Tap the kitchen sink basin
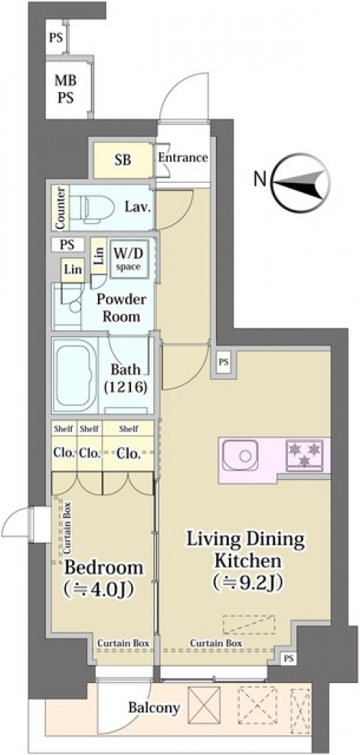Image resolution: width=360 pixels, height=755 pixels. pyautogui.click(x=240, y=455)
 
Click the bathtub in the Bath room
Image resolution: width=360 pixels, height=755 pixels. pyautogui.click(x=74, y=375)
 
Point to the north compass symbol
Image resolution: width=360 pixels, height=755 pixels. pyautogui.click(x=300, y=183)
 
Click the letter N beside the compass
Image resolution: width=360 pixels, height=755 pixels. pyautogui.click(x=260, y=180)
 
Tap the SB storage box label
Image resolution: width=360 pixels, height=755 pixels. pyautogui.click(x=122, y=160)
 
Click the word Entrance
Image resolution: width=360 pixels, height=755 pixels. pyautogui.click(x=183, y=158)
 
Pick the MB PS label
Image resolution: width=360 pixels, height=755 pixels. pyautogui.click(x=66, y=89)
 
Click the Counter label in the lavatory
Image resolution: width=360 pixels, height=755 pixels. pyautogui.click(x=60, y=207)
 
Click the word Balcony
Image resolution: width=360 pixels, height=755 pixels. pyautogui.click(x=154, y=707)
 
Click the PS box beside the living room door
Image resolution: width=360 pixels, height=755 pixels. pyautogui.click(x=223, y=363)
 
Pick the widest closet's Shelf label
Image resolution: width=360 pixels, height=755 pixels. pyautogui.click(x=128, y=428)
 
